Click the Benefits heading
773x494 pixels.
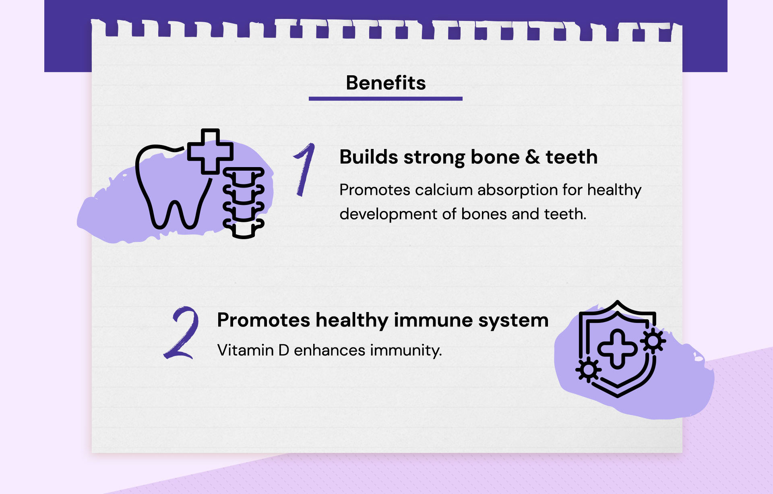click(386, 83)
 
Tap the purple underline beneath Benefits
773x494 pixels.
click(386, 98)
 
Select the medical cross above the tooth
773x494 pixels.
click(210, 151)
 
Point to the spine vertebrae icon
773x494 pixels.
click(244, 203)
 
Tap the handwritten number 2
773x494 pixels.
click(182, 333)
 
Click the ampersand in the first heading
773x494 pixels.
click(532, 157)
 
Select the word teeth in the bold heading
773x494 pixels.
click(571, 157)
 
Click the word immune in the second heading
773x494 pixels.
click(433, 320)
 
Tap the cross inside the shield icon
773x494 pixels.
click(617, 349)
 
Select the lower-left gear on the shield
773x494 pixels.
click(588, 370)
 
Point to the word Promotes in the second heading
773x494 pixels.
click(264, 320)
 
